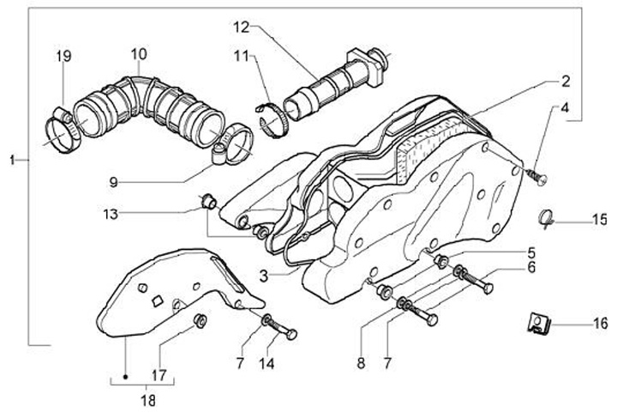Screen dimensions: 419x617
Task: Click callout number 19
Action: (63, 58)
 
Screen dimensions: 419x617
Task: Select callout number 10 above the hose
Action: (139, 53)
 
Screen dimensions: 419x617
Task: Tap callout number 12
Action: (242, 26)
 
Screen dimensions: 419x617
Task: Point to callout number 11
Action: (241, 57)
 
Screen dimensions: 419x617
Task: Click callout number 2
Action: (566, 82)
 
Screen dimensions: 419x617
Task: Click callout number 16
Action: (600, 324)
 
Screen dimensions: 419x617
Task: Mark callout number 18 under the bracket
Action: (147, 399)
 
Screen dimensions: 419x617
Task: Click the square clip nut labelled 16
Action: (538, 324)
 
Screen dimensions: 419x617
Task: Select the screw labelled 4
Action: (538, 178)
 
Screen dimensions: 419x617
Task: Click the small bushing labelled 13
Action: (207, 202)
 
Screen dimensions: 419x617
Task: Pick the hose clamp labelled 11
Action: (273, 117)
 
